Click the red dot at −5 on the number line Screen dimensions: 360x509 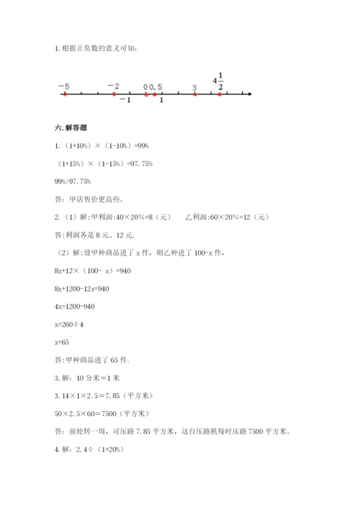tap(65, 94)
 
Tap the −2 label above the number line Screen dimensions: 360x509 tap(113, 86)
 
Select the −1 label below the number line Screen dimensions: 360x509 tap(125, 100)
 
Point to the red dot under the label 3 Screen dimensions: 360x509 tap(194, 94)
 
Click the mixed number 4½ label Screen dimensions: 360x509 tap(219, 81)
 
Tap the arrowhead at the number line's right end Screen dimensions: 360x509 tap(248, 94)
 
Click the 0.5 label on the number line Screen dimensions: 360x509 tap(156, 87)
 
